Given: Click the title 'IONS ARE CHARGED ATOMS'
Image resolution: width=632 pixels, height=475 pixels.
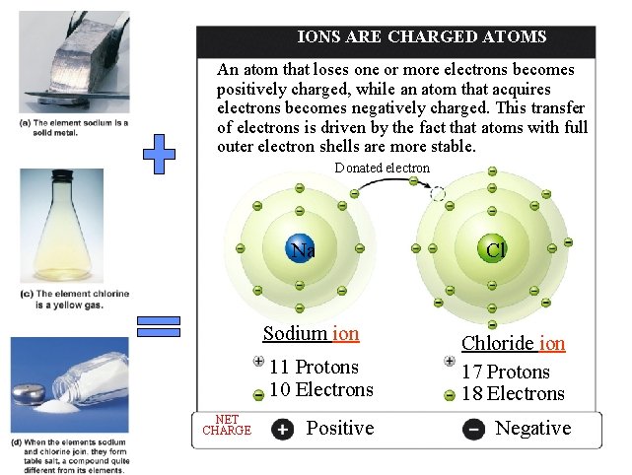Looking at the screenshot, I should (422, 37).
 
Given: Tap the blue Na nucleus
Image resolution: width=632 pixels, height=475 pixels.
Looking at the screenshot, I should (299, 249).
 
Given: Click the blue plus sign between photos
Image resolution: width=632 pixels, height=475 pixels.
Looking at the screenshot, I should (159, 155).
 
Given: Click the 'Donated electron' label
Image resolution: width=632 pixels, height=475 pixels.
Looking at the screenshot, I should (382, 168).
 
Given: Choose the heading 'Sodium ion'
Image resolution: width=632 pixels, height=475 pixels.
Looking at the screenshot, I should (311, 333).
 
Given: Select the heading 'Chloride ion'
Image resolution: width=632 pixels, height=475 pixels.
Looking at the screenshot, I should (513, 343).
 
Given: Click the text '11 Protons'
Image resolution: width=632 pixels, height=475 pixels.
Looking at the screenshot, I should (314, 367).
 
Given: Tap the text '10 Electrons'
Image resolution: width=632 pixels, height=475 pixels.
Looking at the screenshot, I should (320, 389).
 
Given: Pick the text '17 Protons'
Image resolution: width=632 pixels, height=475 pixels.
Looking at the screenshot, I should (505, 372).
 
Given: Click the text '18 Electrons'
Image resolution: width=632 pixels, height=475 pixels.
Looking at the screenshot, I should (513, 394).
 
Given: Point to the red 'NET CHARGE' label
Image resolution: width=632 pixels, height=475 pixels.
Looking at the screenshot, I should (227, 425).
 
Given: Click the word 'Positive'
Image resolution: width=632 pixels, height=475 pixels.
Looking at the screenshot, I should (340, 428).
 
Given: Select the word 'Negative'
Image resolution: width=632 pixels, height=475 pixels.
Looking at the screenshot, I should (532, 428).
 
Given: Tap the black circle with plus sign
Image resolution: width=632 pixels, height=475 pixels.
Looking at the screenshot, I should (282, 429).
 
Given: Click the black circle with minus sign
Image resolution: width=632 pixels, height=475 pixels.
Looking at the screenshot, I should (473, 430).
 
